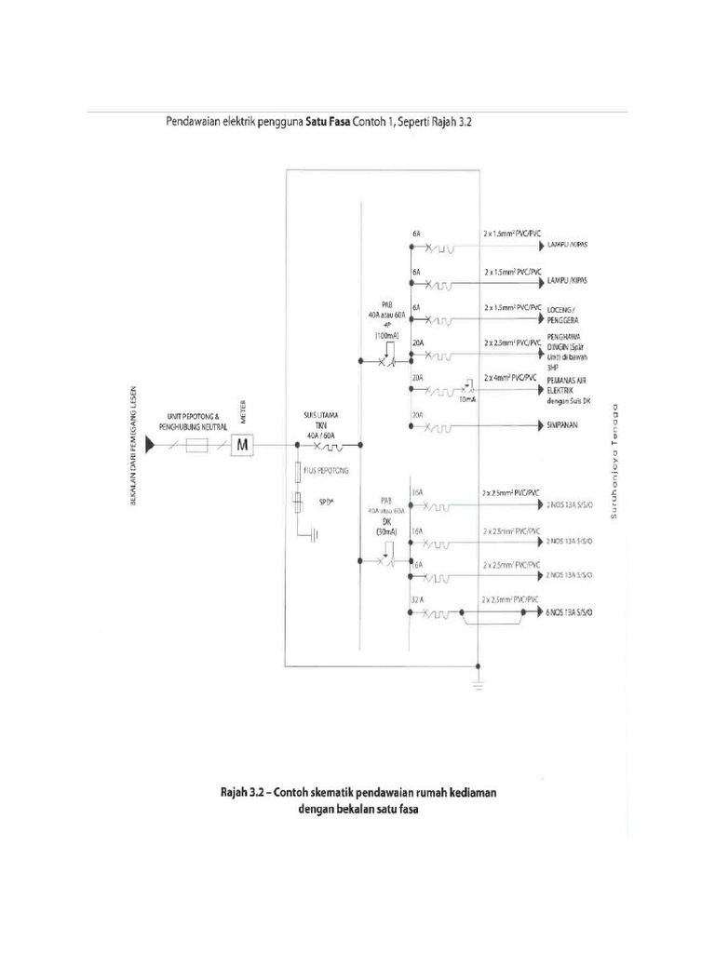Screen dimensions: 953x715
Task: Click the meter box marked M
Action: [x=243, y=446]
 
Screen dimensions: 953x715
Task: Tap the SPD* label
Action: [x=326, y=500]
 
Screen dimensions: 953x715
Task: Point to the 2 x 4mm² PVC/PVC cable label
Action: [x=511, y=377]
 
